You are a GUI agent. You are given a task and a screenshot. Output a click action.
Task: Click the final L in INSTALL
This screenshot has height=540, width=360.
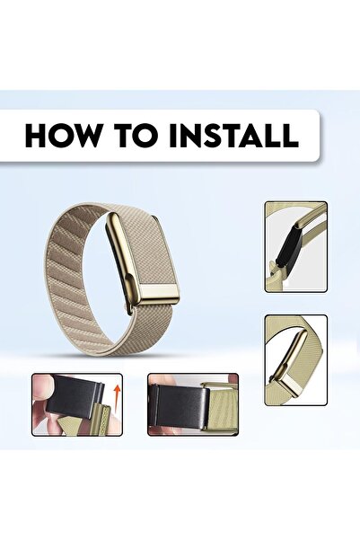[290, 136]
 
